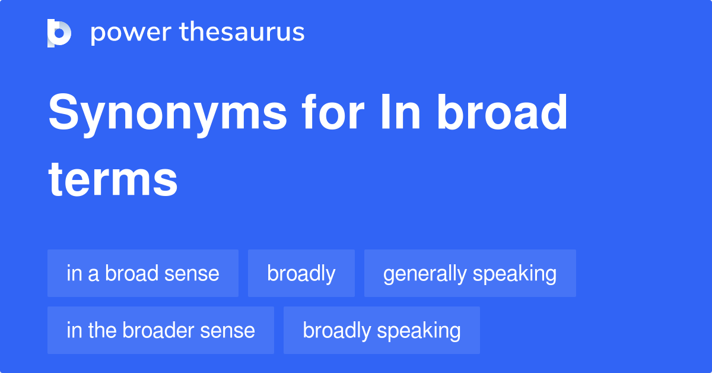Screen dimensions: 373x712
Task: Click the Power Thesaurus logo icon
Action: click(x=59, y=33)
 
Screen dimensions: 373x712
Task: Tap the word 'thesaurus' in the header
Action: click(x=242, y=33)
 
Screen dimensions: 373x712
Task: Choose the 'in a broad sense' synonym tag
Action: click(x=143, y=273)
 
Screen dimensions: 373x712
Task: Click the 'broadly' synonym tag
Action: click(x=301, y=273)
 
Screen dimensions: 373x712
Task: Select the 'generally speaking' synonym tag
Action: click(x=470, y=273)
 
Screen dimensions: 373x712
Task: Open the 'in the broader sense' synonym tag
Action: click(x=161, y=330)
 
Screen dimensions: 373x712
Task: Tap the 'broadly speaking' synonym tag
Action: click(x=382, y=330)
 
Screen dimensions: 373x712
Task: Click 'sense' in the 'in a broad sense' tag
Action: click(x=193, y=273)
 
